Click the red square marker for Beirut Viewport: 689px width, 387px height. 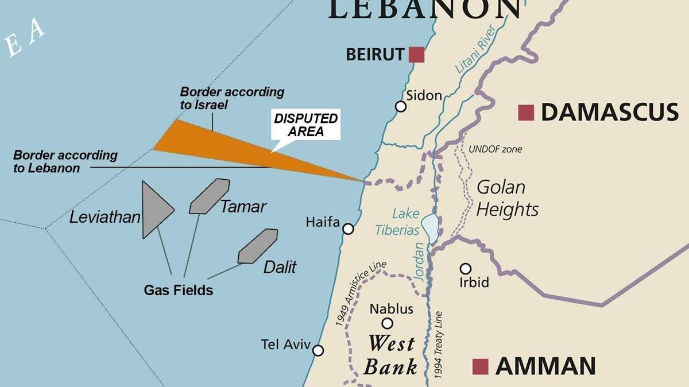pyautogui.click(x=416, y=55)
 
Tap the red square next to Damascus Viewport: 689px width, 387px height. pyautogui.click(x=525, y=113)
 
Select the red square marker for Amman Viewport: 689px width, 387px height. pyautogui.click(x=480, y=366)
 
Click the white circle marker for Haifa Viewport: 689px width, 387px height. pyautogui.click(x=348, y=229)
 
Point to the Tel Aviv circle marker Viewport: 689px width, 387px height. pyautogui.click(x=318, y=350)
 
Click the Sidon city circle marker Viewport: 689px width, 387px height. pyautogui.click(x=401, y=106)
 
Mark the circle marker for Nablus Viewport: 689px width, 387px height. pyautogui.click(x=388, y=323)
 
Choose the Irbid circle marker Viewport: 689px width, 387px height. pyautogui.click(x=466, y=269)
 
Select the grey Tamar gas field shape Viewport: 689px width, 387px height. pyautogui.click(x=209, y=196)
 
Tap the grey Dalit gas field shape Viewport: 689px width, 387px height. pyautogui.click(x=258, y=246)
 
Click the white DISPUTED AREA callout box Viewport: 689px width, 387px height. pyautogui.click(x=306, y=125)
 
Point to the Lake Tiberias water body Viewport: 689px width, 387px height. pyautogui.click(x=429, y=225)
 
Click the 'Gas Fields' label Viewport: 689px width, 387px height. pyautogui.click(x=178, y=291)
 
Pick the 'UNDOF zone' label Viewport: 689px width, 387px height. pyautogui.click(x=495, y=149)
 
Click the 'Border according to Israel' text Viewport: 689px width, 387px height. pyautogui.click(x=231, y=98)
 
